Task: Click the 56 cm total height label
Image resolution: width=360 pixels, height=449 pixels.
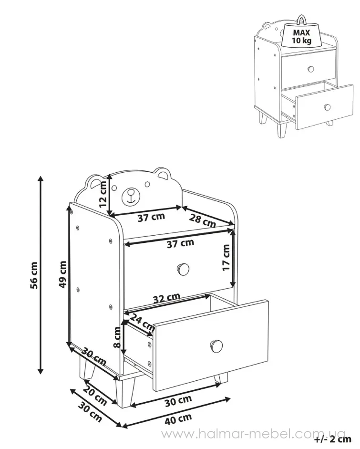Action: [x=34, y=275]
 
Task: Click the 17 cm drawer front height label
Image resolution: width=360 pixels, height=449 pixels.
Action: [x=226, y=258]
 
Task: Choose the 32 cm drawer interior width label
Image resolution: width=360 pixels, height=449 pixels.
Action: [x=167, y=298]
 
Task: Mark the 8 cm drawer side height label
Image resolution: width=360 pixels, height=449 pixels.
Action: [x=117, y=338]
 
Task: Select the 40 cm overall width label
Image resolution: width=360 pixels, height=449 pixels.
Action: [x=178, y=418]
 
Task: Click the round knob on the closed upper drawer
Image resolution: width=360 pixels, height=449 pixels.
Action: [x=183, y=269]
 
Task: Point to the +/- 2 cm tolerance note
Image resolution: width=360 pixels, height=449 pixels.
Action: [x=332, y=439]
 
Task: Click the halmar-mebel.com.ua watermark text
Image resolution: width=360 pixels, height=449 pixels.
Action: [x=253, y=434]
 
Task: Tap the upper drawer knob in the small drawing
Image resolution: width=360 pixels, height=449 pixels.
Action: [x=311, y=69]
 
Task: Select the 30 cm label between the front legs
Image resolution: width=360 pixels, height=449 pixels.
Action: [x=178, y=400]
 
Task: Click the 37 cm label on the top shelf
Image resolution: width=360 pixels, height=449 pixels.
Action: [x=151, y=217]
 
